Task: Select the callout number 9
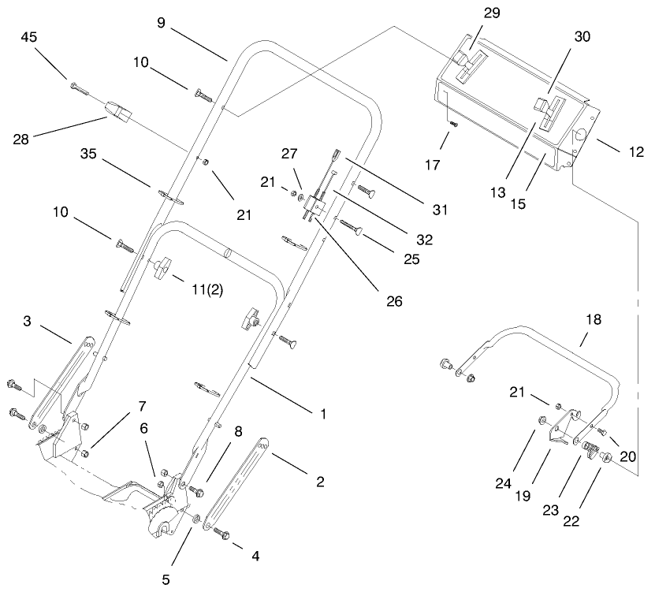(161, 23)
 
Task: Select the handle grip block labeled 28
(119, 110)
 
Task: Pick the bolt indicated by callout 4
(221, 532)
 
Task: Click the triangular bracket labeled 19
(561, 430)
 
